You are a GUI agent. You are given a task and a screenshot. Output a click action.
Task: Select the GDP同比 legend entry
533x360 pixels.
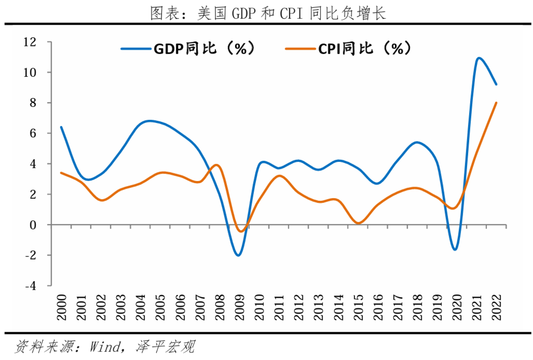coord(189,48)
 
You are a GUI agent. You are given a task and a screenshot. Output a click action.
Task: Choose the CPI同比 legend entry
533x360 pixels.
coord(349,48)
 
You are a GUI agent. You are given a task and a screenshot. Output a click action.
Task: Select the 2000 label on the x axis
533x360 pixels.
coord(62,308)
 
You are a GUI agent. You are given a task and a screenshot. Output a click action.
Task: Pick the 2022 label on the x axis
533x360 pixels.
coord(496,308)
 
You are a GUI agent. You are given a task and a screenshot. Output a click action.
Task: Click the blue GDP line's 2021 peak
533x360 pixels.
coord(478,58)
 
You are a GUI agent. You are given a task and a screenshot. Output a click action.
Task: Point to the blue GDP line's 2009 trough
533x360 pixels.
coord(238,255)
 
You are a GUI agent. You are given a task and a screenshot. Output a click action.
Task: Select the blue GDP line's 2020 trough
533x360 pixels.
coord(456,249)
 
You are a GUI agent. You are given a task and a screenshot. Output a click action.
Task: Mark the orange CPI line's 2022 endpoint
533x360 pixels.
coord(497,103)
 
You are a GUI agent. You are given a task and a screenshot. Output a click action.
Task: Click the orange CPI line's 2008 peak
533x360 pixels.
coord(216,165)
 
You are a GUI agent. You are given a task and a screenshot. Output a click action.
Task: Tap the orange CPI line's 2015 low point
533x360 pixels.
coord(358,223)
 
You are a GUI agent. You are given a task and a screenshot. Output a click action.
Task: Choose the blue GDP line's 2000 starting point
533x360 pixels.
coord(61,127)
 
